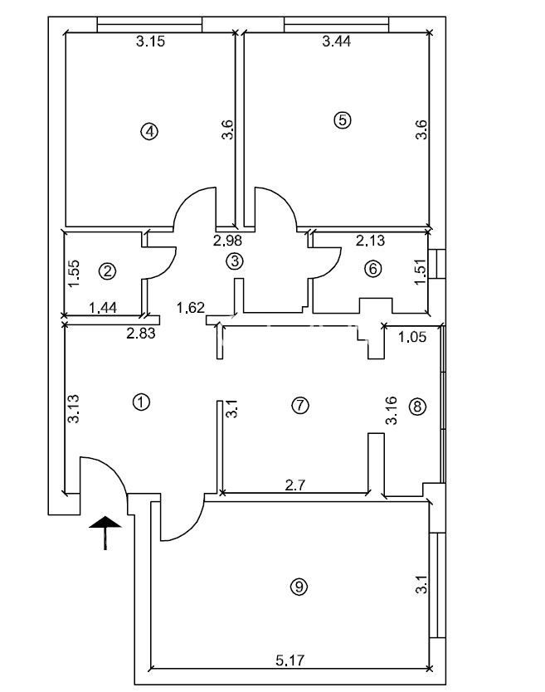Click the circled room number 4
tap(149, 131)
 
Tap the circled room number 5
tap(342, 120)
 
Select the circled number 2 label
tap(107, 271)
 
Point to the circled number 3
tap(234, 261)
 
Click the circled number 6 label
tap(373, 268)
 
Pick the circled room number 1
tap(141, 402)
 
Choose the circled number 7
tap(300, 405)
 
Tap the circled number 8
tap(417, 407)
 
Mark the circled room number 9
tap(299, 587)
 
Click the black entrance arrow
tap(105, 532)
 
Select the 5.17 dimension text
tap(290, 660)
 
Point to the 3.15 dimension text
tap(150, 41)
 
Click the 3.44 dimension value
tap(337, 41)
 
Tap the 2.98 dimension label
tap(228, 241)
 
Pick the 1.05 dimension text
tap(412, 337)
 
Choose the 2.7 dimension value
tap(294, 485)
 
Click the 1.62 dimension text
tap(191, 307)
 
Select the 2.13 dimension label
tap(370, 241)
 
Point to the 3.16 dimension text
tap(391, 411)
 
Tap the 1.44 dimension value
tap(103, 307)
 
